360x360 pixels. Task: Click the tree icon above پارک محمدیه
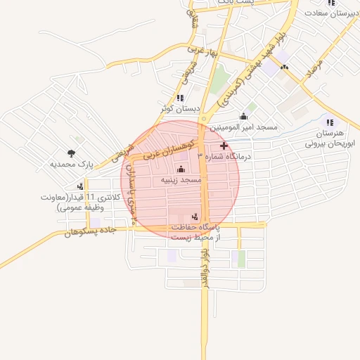coord(71,153)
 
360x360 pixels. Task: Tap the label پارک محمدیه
coord(72,165)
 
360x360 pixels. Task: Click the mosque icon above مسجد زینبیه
coord(181,169)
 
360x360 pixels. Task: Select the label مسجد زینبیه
coord(181,181)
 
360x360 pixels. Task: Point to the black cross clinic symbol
coord(224,146)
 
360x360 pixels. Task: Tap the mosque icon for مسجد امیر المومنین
coord(244,116)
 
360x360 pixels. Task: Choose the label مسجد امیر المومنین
coord(246,127)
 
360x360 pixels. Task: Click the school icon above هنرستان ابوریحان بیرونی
coord(330,122)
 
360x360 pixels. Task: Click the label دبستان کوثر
coord(180,109)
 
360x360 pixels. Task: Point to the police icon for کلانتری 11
coord(81,186)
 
